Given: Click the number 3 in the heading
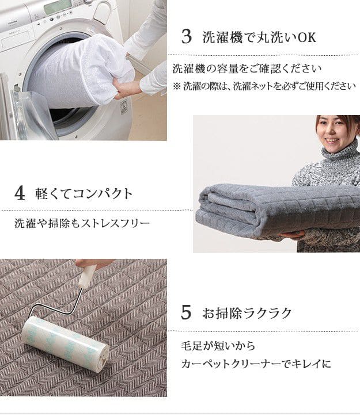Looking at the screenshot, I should pos(186,38).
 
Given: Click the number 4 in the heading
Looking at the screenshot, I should pos(20,193).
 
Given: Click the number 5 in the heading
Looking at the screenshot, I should pos(186,313).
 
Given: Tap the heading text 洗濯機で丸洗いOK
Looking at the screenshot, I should pos(259,38).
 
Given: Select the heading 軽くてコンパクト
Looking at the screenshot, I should pos(82,193).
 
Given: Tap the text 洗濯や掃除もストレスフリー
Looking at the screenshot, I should pos(82,223).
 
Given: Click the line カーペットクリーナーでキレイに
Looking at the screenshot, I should pos(256,364).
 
